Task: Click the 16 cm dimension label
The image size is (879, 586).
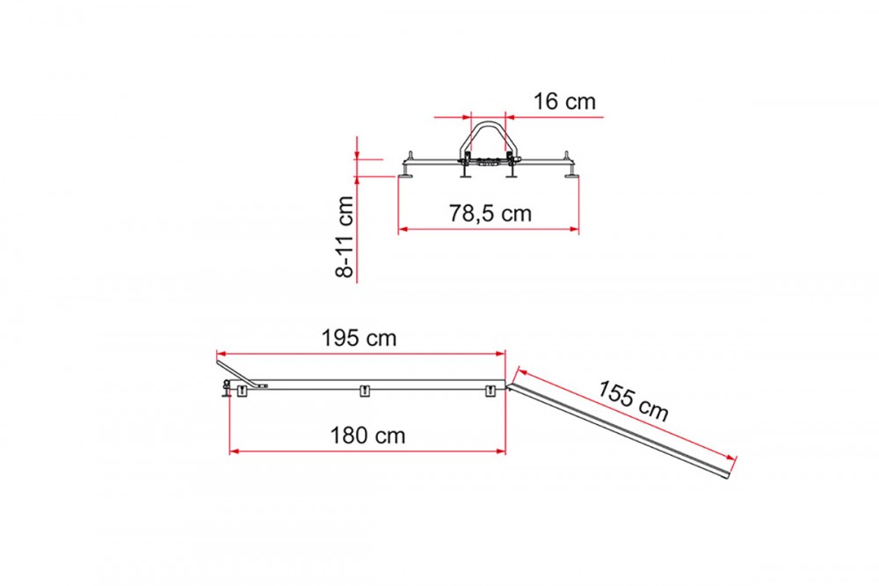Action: pyautogui.click(x=564, y=101)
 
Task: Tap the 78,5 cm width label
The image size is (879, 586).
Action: pyautogui.click(x=490, y=213)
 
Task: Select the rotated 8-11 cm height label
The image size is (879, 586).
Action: pyautogui.click(x=345, y=237)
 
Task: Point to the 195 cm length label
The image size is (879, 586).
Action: pyautogui.click(x=359, y=338)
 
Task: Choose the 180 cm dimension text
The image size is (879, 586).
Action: pyautogui.click(x=367, y=435)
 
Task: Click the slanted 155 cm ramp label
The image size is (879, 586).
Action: pyautogui.click(x=633, y=400)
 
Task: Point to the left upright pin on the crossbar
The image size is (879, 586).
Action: pyautogui.click(x=410, y=156)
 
